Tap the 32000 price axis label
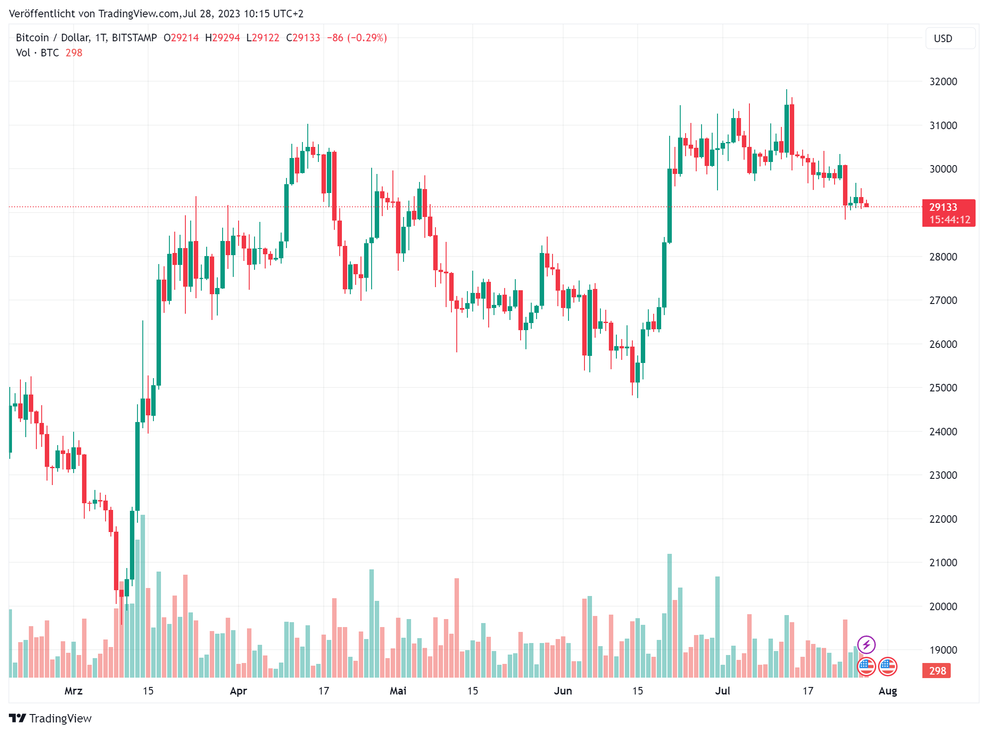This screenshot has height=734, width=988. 943,82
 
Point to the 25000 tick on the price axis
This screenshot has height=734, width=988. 943,388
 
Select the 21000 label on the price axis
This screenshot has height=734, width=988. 943,563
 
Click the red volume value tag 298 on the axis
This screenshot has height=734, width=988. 937,671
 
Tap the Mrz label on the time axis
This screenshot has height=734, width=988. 73,691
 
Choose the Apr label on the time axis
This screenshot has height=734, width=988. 239,691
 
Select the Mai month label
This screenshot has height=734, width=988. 398,691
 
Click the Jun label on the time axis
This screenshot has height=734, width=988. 563,691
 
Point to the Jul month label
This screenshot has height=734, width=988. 722,691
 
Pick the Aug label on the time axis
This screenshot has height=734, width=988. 888,691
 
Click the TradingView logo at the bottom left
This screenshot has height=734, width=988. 50,718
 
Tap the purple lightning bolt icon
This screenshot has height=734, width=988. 866,645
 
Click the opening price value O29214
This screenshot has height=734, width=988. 181,38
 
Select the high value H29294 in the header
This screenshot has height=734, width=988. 223,38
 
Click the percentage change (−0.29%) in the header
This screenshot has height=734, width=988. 367,38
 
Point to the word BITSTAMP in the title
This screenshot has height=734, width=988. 134,38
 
